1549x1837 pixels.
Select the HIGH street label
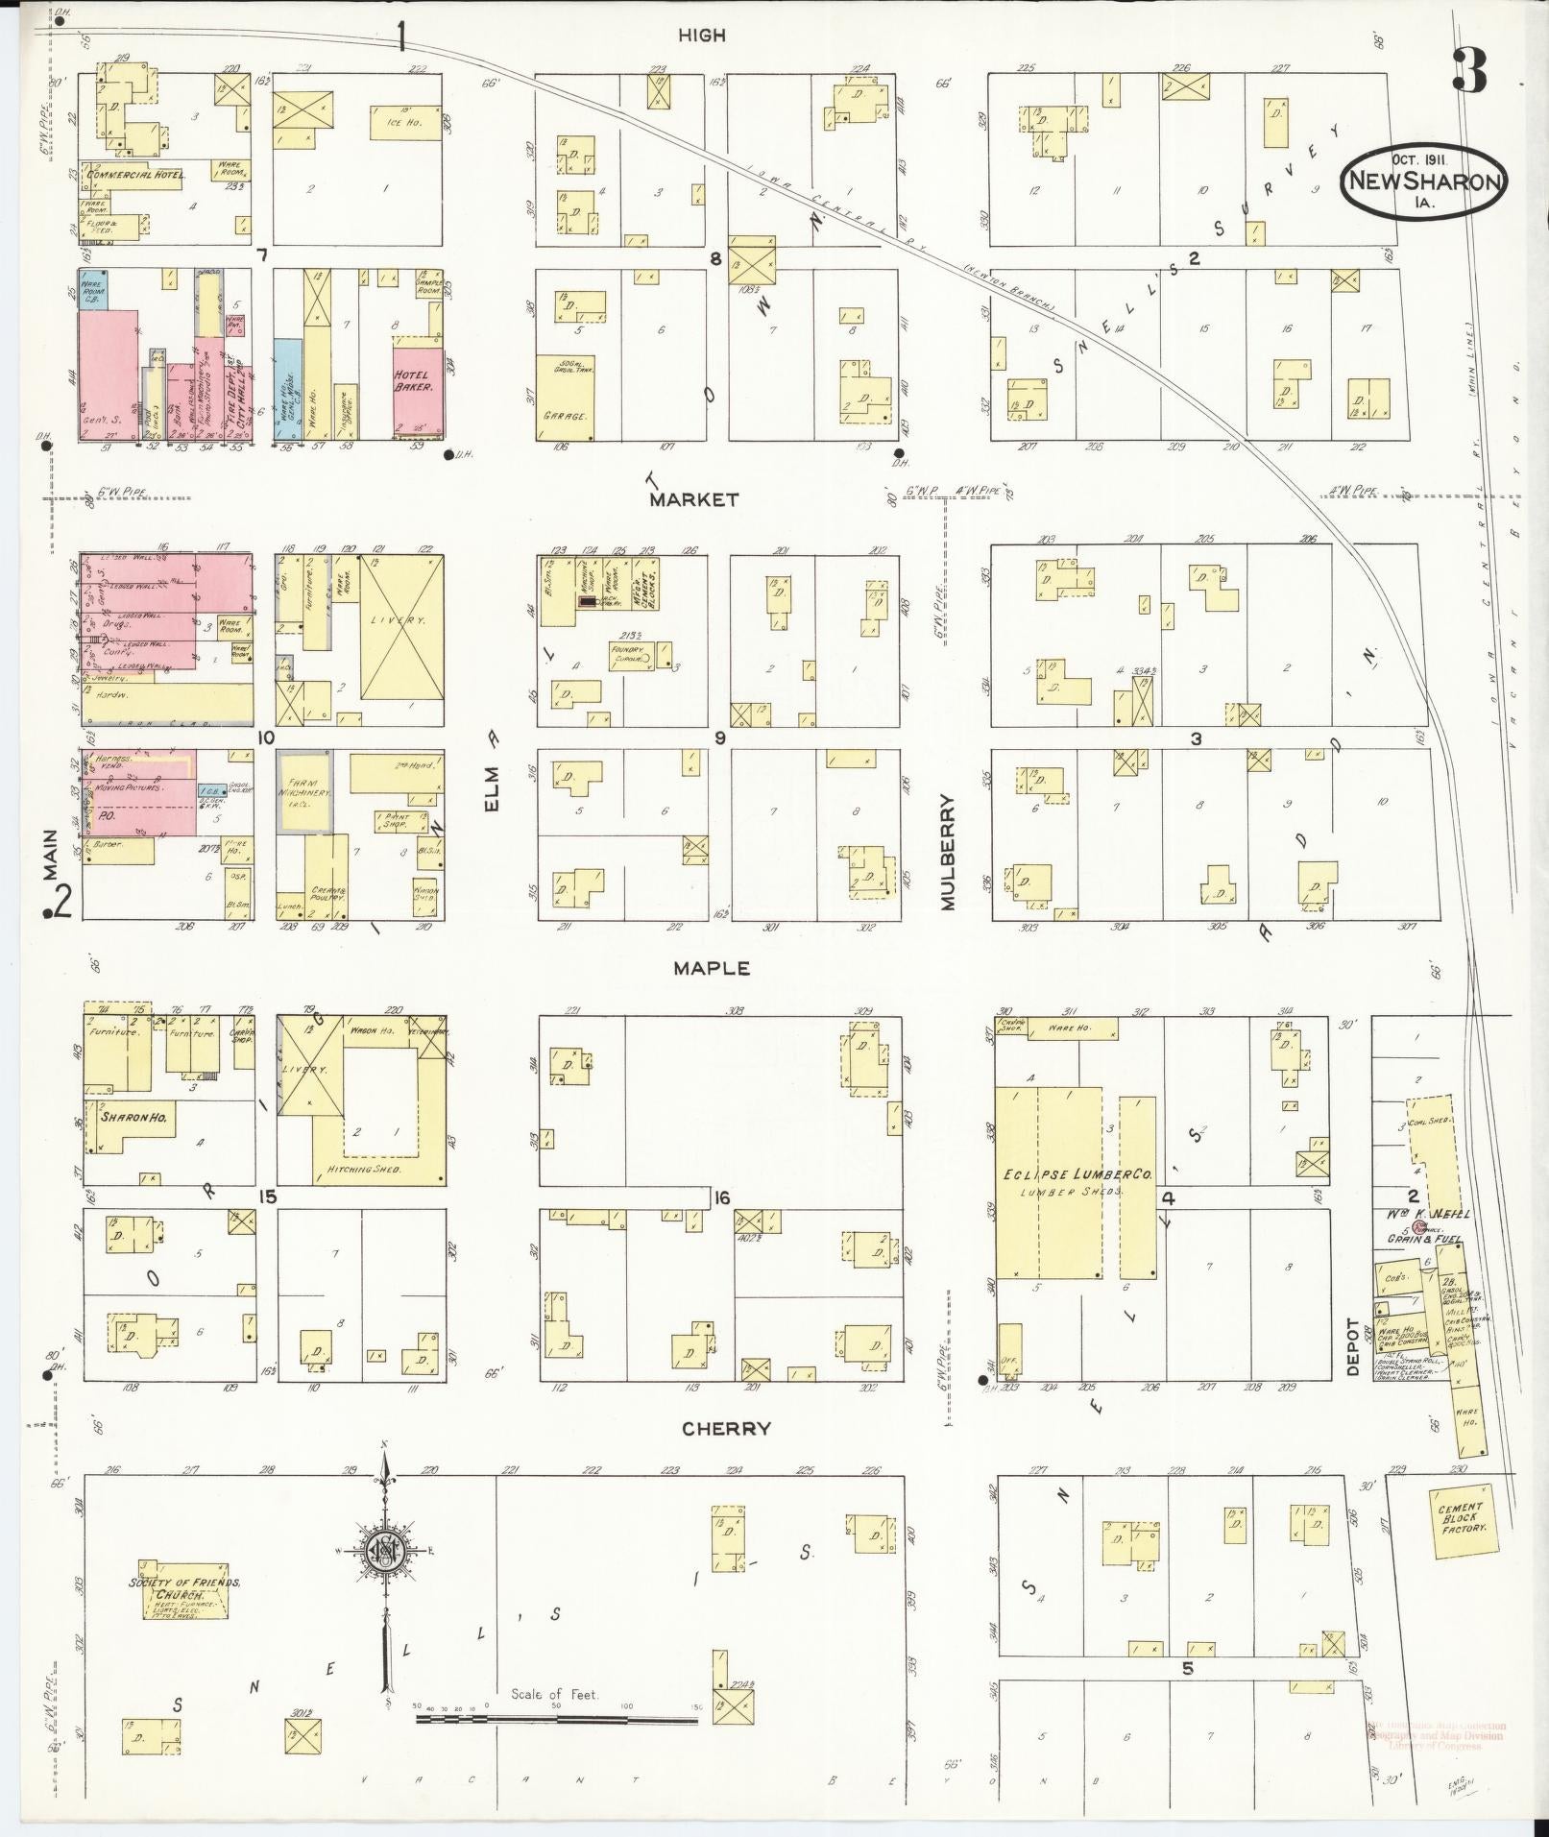(702, 36)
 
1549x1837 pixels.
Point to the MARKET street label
(694, 499)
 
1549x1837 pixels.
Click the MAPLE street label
(712, 969)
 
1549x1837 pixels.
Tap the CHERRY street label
(726, 1429)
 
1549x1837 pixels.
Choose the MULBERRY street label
(949, 852)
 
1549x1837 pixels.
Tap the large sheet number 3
(1471, 69)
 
